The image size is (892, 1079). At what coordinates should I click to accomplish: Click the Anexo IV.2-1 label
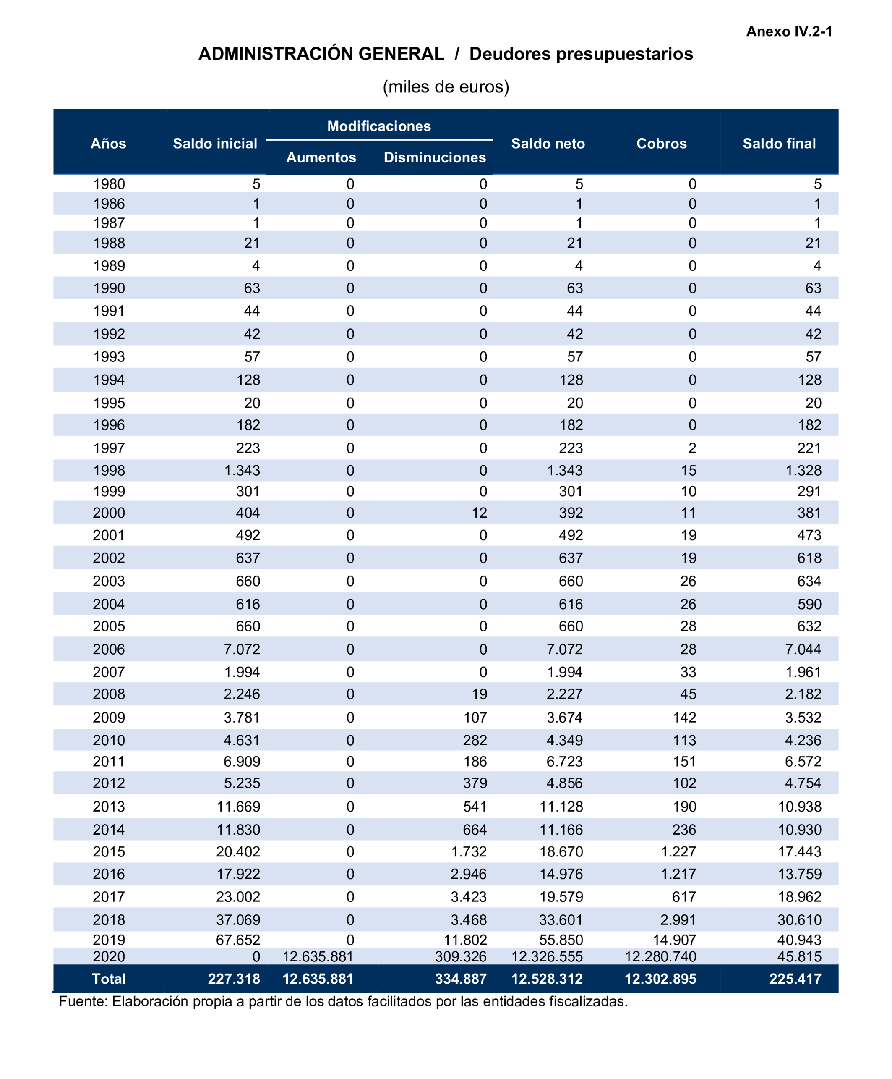click(x=788, y=32)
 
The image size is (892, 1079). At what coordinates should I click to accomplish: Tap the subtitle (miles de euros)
click(x=446, y=87)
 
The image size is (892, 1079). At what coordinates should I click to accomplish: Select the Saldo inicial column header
click(x=215, y=144)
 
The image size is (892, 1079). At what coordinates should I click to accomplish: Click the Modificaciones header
click(x=379, y=126)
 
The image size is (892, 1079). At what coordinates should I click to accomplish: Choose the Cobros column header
click(x=661, y=144)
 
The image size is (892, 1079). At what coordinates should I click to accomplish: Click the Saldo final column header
click(x=779, y=144)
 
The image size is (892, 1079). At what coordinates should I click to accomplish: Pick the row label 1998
click(x=109, y=471)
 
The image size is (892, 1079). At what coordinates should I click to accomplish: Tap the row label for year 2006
click(x=109, y=649)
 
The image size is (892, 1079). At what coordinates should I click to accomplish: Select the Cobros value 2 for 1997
click(x=692, y=448)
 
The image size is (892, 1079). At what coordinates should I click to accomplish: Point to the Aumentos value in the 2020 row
click(x=318, y=957)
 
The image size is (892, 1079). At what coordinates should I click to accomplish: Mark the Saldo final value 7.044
click(x=803, y=649)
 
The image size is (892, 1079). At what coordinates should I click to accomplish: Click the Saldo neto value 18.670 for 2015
click(x=561, y=852)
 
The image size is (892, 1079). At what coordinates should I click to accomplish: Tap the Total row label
click(x=109, y=979)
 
